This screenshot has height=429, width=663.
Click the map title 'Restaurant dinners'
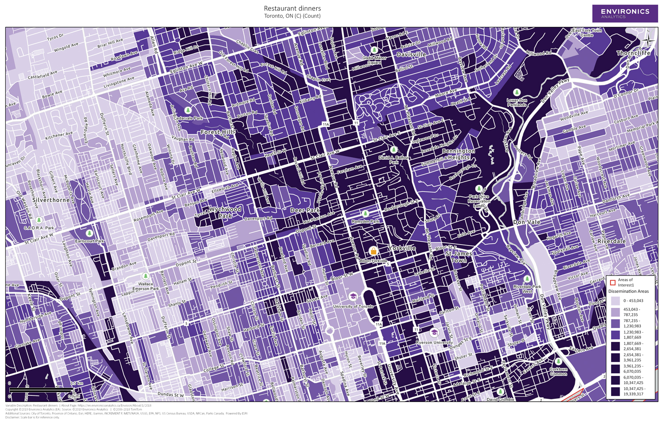[292, 8]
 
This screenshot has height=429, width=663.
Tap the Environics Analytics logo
[625, 13]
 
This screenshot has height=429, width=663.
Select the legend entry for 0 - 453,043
[615, 301]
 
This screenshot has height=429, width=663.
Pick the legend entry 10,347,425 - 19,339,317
[615, 391]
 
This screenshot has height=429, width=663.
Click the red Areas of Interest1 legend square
[613, 282]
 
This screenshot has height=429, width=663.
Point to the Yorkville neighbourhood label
[402, 248]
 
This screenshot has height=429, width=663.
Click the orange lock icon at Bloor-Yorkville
[373, 251]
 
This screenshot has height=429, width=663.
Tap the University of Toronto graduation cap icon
[353, 296]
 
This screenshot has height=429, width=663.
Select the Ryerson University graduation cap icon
[434, 332]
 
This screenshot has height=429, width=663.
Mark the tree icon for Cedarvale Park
[188, 110]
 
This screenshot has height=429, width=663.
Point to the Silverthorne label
[50, 200]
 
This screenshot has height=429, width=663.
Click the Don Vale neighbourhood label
[526, 222]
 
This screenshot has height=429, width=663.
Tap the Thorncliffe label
[633, 53]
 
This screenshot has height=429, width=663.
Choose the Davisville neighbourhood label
[411, 54]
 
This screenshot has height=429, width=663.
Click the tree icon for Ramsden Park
[365, 214]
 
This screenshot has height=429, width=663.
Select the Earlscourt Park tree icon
[89, 233]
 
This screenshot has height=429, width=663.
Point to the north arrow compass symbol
[648, 41]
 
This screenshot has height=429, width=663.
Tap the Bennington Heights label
[458, 154]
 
